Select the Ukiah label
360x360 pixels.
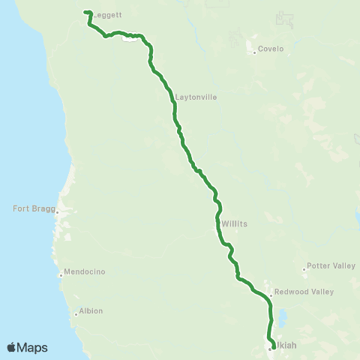[x=285, y=347]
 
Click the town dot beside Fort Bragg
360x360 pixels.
[x=56, y=213]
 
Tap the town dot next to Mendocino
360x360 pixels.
[x=61, y=275]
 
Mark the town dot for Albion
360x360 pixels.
[x=76, y=314]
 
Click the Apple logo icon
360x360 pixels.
[x=11, y=347]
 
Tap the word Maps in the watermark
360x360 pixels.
[x=33, y=347]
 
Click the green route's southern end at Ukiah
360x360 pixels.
[x=271, y=346]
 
